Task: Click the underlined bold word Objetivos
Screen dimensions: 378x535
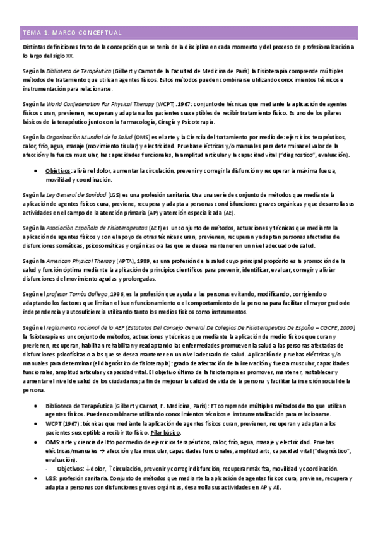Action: click(58, 170)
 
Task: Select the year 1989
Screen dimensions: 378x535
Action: click(162, 261)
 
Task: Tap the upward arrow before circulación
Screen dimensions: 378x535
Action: click(111, 468)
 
